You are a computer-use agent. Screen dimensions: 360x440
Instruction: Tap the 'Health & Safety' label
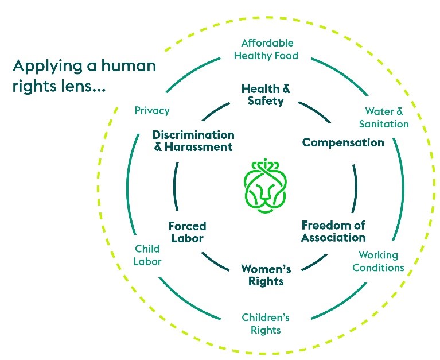(x=266, y=95)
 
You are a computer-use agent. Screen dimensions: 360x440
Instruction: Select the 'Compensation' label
(x=343, y=142)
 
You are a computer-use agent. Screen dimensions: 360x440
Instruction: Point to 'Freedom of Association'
(x=333, y=231)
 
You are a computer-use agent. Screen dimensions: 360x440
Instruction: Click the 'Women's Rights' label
(x=266, y=275)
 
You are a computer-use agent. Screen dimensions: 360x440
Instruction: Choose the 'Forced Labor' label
(x=187, y=231)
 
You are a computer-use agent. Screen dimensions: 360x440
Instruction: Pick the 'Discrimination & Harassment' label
(x=193, y=141)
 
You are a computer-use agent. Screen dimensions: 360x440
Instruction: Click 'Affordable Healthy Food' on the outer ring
(x=267, y=49)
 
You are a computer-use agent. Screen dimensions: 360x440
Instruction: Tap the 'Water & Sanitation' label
(x=384, y=118)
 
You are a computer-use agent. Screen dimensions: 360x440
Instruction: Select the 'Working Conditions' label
(x=378, y=261)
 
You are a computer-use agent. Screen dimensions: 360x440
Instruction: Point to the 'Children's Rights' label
(x=266, y=324)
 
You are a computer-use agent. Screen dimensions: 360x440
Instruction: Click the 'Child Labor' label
(x=147, y=255)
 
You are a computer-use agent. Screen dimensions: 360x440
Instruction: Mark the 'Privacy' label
(x=152, y=110)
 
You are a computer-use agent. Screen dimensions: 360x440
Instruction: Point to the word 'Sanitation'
(x=384, y=124)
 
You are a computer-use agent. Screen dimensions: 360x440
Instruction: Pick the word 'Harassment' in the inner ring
(x=199, y=147)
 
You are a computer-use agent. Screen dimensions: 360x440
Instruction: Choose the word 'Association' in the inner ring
(x=333, y=237)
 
